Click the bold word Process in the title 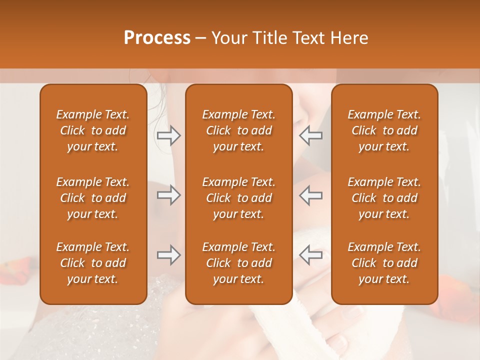click(x=157, y=38)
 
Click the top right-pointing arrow click(x=168, y=135)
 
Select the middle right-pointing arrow click(x=168, y=195)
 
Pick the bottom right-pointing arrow click(x=168, y=255)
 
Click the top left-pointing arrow click(x=310, y=135)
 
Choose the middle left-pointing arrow click(x=310, y=195)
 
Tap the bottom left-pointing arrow click(x=310, y=255)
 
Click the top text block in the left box click(x=93, y=130)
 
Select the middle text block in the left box click(x=93, y=198)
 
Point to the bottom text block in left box click(x=93, y=263)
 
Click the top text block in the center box click(x=239, y=130)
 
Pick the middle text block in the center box click(x=239, y=198)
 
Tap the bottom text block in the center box click(x=239, y=263)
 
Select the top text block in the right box click(x=384, y=130)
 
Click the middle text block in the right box click(x=384, y=198)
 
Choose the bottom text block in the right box click(x=384, y=263)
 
